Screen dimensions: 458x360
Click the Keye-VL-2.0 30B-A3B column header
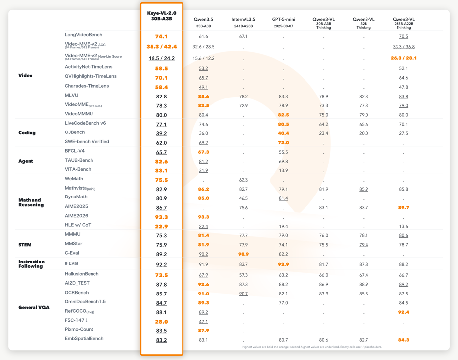click(x=161, y=16)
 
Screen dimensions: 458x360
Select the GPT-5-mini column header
click(x=283, y=22)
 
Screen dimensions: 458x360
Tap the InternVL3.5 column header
click(x=244, y=22)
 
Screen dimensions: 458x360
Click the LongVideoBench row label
click(x=84, y=35)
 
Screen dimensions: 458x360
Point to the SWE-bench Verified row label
click(x=87, y=141)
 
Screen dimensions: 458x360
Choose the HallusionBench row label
click(x=82, y=274)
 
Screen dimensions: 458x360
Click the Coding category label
click(x=27, y=133)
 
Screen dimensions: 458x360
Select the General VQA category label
click(x=34, y=307)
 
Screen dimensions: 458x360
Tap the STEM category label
click(x=25, y=245)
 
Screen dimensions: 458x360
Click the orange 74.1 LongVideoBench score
click(x=161, y=37)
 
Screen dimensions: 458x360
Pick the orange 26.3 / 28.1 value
click(x=403, y=58)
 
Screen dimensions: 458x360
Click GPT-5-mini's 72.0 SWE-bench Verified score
click(x=283, y=143)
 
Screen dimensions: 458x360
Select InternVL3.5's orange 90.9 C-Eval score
click(x=244, y=254)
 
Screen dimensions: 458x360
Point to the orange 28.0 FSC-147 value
click(x=161, y=322)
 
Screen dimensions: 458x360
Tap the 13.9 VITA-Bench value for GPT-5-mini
click(x=283, y=170)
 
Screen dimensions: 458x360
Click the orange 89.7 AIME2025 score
click(x=403, y=208)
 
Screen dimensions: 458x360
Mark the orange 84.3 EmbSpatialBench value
click(x=403, y=340)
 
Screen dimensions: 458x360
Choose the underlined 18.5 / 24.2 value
click(x=161, y=58)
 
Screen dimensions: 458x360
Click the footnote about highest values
click(x=312, y=347)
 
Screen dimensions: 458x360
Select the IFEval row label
click(x=71, y=263)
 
